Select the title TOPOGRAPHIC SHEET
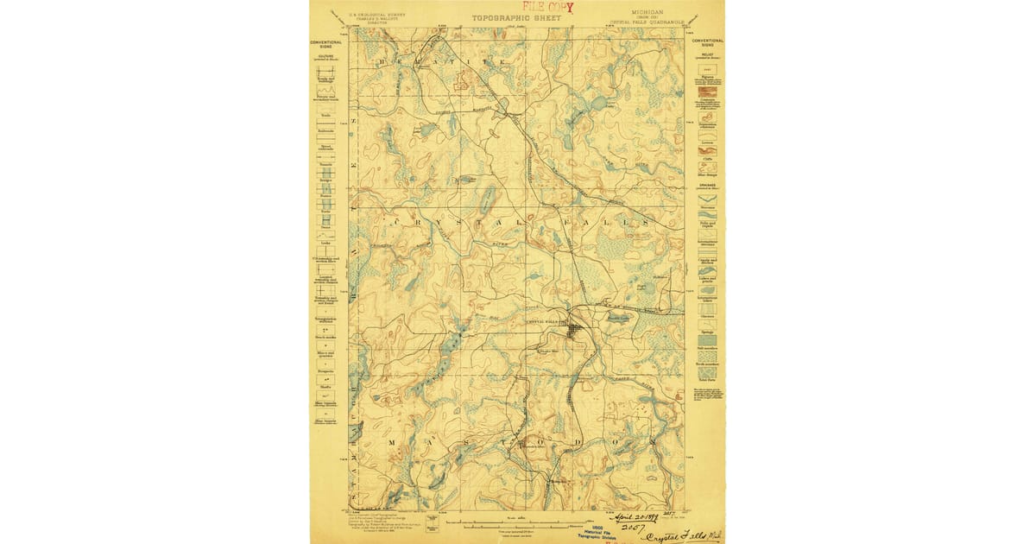515,17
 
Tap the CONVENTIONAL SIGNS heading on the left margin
326,42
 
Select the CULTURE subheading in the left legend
326,56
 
